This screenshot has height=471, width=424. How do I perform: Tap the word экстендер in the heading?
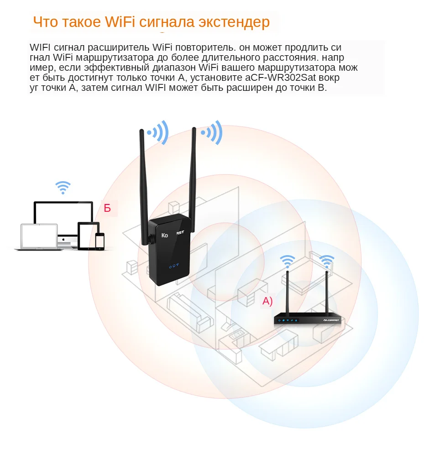(234, 22)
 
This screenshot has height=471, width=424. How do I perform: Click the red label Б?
(108, 208)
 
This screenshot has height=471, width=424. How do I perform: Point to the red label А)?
(267, 301)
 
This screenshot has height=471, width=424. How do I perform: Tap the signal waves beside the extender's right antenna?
(213, 132)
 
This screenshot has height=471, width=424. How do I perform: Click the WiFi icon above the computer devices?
(63, 187)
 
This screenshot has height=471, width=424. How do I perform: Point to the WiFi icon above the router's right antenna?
(326, 262)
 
